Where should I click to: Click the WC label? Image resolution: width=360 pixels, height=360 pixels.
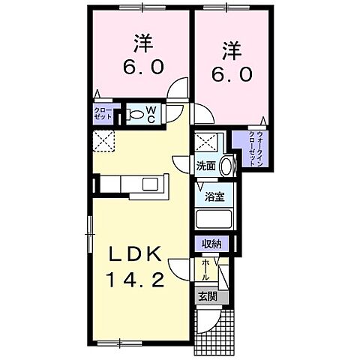click(x=150, y=114)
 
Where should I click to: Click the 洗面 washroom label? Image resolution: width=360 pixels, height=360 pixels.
click(x=207, y=165)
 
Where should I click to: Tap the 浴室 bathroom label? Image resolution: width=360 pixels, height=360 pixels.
click(x=215, y=197)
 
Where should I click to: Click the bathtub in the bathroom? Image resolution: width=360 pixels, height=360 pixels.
click(x=214, y=220)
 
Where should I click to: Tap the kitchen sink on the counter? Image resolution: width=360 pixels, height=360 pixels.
click(x=150, y=184)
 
